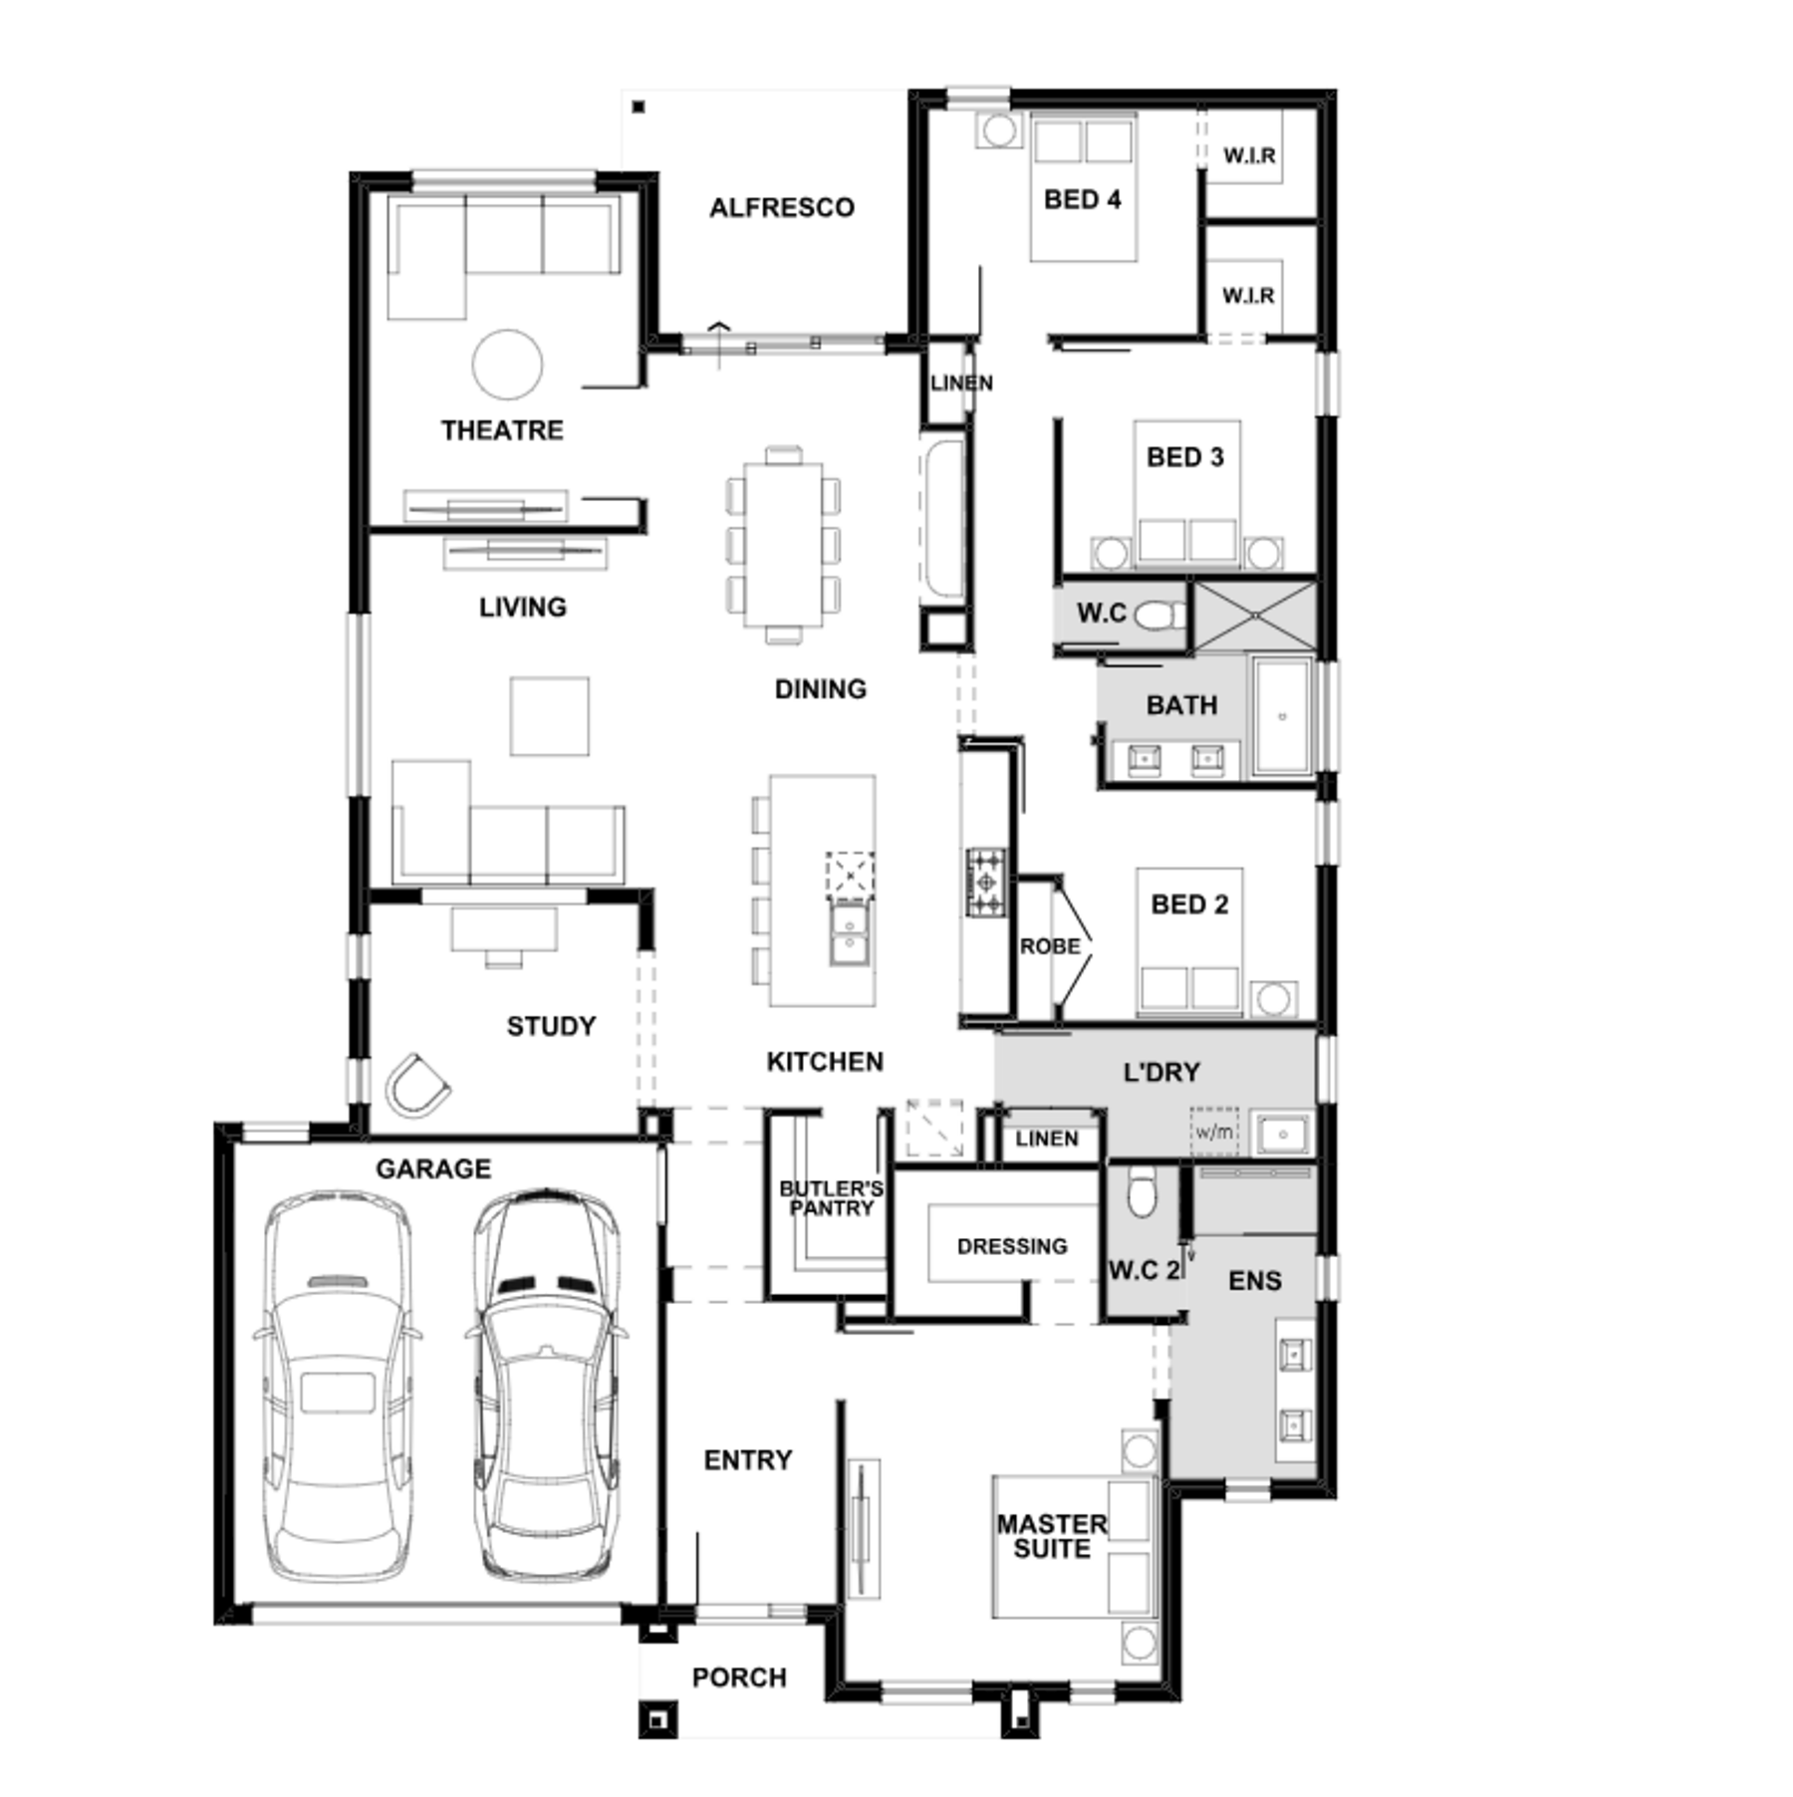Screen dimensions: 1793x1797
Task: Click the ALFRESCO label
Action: pos(782,207)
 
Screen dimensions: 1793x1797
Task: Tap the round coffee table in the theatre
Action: pos(508,366)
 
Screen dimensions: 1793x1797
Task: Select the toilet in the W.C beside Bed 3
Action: pos(1158,615)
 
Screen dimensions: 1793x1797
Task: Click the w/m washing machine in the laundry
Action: pos(1214,1132)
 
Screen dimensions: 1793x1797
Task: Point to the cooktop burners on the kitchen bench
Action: pos(986,882)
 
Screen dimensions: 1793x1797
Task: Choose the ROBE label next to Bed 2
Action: pos(1050,945)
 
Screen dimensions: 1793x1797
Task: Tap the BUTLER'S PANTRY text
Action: pos(831,1198)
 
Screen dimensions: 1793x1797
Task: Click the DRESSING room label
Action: pos(1012,1246)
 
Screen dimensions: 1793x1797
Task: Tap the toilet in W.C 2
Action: pos(1142,1192)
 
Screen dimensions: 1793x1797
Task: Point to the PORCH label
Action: pos(739,1678)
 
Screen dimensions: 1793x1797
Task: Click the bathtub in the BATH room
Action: pos(1283,715)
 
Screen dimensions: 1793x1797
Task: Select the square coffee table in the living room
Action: pos(550,716)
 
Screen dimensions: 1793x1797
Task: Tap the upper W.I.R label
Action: pos(1249,155)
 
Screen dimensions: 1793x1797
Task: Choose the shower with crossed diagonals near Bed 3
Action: pos(1255,617)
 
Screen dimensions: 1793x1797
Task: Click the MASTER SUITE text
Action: pos(1052,1537)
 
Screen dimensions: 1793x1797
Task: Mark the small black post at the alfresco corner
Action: pos(639,107)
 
